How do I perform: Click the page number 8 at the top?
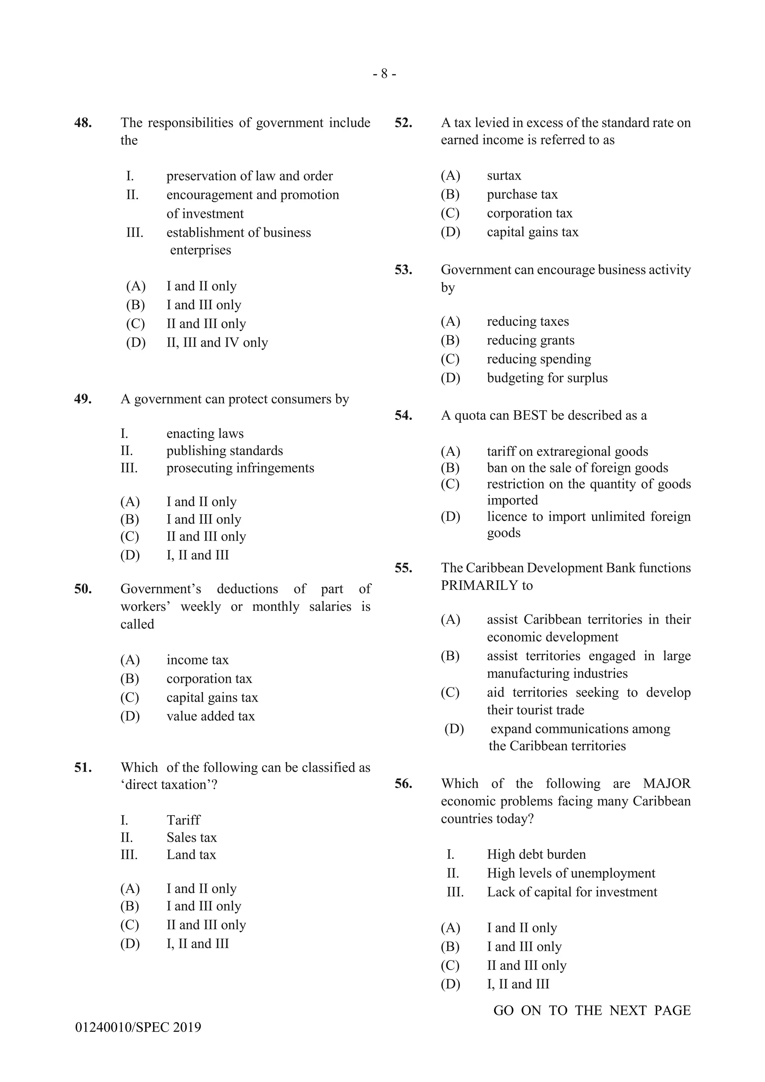(384, 74)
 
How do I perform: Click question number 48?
(83, 123)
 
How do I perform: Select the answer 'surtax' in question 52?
(504, 176)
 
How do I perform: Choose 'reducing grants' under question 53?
(530, 340)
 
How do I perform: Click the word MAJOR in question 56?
(666, 784)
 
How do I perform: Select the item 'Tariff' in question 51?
(183, 820)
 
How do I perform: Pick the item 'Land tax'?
(191, 855)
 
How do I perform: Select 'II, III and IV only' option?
(217, 343)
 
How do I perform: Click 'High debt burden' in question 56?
(536, 854)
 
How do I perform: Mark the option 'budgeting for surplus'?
(547, 378)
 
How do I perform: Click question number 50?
(83, 589)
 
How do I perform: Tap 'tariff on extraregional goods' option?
(567, 451)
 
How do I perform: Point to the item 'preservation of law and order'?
(249, 176)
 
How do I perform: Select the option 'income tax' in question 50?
(197, 660)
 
